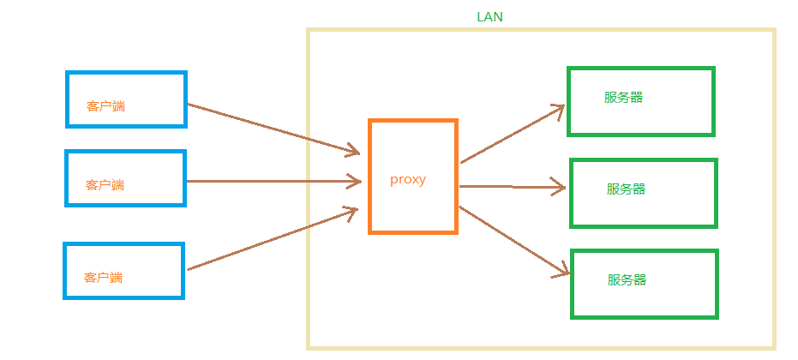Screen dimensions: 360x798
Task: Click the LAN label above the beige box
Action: point(489,16)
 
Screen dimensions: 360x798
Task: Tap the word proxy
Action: point(407,180)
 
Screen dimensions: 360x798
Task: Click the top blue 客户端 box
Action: point(126,86)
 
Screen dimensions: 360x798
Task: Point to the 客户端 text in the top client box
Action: point(105,106)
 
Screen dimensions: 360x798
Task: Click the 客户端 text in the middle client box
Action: point(105,184)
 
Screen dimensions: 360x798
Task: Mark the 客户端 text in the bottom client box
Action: point(103,278)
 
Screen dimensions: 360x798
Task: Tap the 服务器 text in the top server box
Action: point(623,97)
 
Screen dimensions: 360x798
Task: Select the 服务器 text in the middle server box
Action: point(626,189)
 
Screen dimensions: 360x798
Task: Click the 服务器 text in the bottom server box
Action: point(627,279)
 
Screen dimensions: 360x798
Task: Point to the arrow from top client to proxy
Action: point(273,129)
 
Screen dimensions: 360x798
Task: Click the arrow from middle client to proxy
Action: point(273,181)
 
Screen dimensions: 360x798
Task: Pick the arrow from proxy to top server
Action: point(512,134)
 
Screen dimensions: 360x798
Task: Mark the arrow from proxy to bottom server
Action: point(514,241)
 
